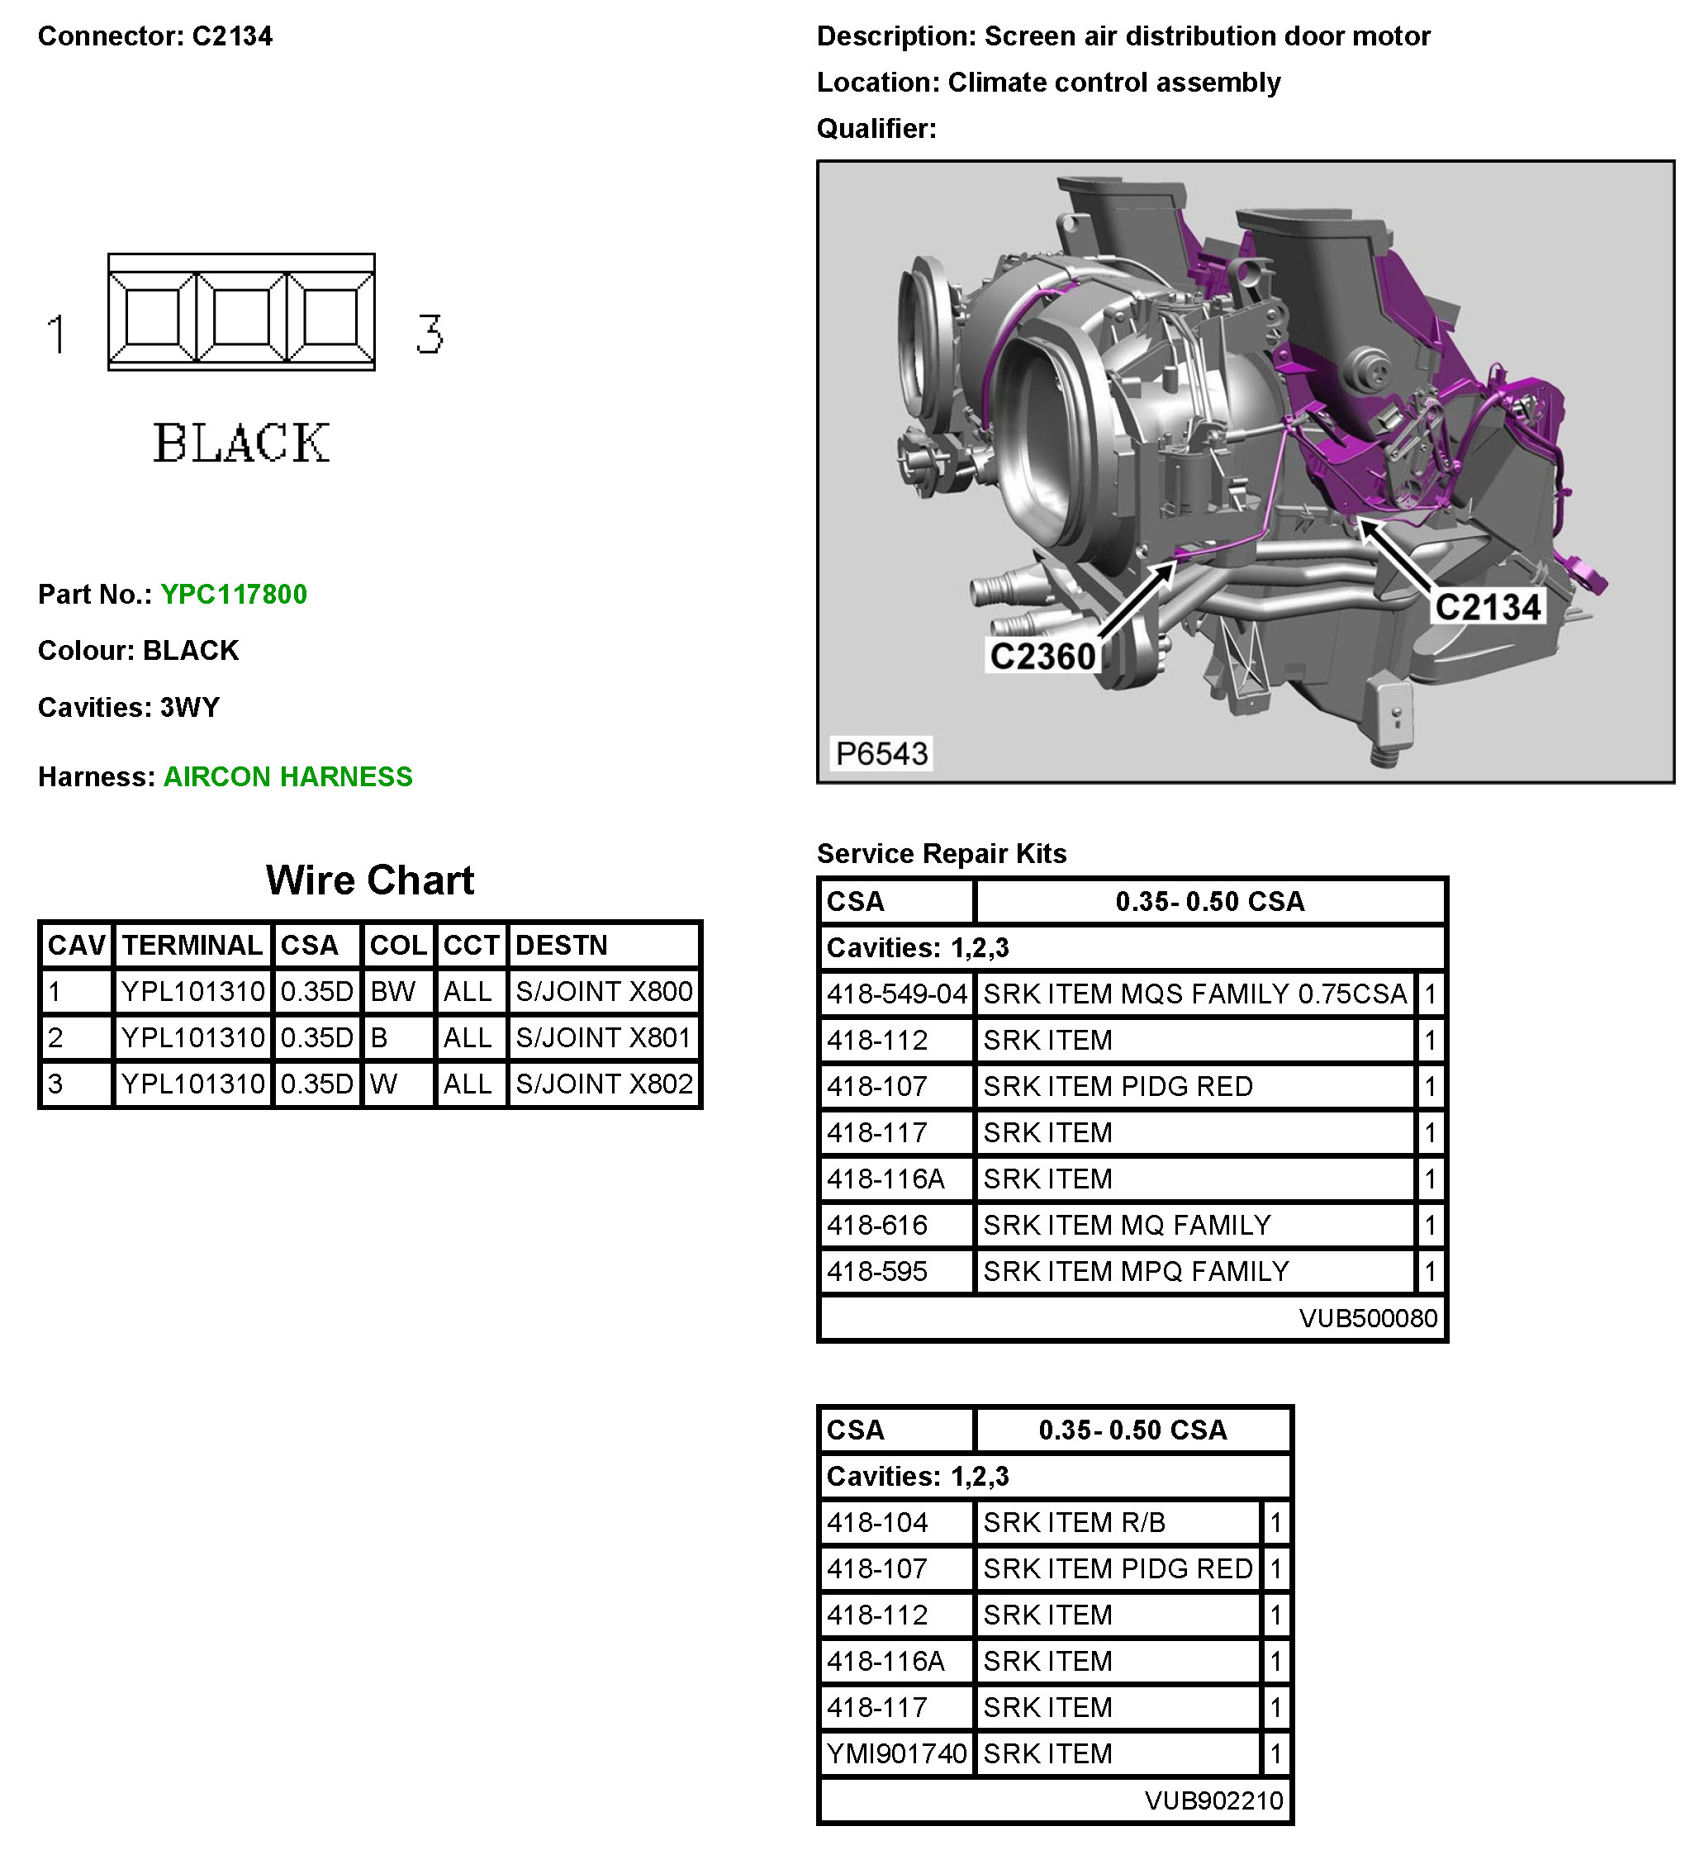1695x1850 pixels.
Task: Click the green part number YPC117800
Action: pyautogui.click(x=233, y=594)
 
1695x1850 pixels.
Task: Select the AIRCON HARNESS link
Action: pyautogui.click(x=287, y=776)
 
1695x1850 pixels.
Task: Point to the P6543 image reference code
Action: pyautogui.click(x=881, y=753)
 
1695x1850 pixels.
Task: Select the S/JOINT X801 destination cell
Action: pyautogui.click(x=604, y=1038)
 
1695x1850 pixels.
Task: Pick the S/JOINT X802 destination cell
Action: pyautogui.click(x=604, y=1084)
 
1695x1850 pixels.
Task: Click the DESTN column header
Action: pyautogui.click(x=562, y=945)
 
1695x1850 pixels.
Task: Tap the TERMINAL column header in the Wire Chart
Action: pyautogui.click(x=192, y=945)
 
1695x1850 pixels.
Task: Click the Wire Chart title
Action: pyautogui.click(x=370, y=880)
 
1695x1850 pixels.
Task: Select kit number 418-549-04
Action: pyautogui.click(x=896, y=994)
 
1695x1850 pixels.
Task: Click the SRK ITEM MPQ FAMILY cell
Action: pyautogui.click(x=1136, y=1271)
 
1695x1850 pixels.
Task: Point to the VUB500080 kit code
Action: pyautogui.click(x=1367, y=1318)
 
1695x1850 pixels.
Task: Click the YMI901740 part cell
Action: pyautogui.click(x=896, y=1753)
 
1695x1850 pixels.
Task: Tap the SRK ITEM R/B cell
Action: pyautogui.click(x=1074, y=1522)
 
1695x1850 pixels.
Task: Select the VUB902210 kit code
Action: pyautogui.click(x=1213, y=1800)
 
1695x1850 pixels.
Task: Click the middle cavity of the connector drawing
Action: pyautogui.click(x=241, y=316)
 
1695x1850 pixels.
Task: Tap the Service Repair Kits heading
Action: pyautogui.click(x=942, y=853)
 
